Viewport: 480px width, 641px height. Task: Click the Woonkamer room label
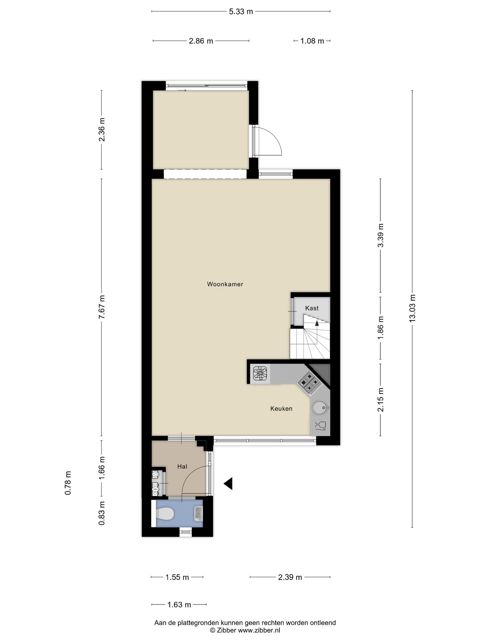[x=225, y=284]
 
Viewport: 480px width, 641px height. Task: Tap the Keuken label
[x=281, y=409]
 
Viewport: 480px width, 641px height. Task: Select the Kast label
[x=312, y=308]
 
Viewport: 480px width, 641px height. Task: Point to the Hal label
[x=182, y=467]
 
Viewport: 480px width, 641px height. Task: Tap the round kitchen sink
[x=320, y=408]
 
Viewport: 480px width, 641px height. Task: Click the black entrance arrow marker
[x=228, y=483]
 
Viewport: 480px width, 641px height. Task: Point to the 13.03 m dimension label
[x=412, y=308]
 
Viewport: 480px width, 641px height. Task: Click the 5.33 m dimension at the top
[x=241, y=12]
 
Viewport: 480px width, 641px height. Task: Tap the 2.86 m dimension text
[x=201, y=41]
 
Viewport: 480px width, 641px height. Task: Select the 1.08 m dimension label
[x=312, y=41]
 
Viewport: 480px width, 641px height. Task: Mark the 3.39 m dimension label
[x=381, y=235]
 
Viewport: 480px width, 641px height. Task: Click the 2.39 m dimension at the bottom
[x=290, y=577]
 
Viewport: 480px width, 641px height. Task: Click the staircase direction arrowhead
[x=317, y=323]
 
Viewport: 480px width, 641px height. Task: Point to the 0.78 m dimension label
[x=68, y=483]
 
